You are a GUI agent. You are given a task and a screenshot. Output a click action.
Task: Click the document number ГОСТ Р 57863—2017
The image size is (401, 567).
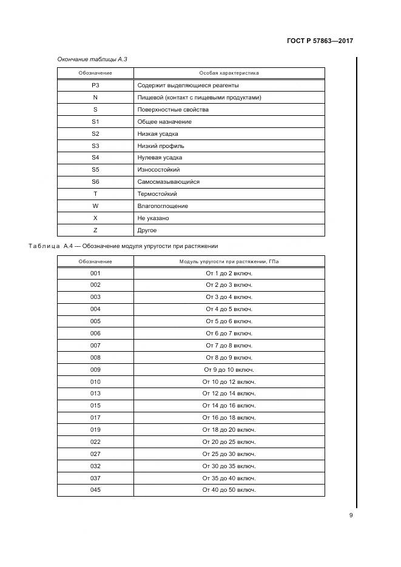[319, 41]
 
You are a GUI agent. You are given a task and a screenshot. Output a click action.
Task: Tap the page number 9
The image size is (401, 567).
[351, 515]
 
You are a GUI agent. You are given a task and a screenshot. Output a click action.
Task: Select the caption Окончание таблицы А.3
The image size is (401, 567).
[92, 59]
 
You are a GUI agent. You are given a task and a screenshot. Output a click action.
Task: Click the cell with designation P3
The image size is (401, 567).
[95, 86]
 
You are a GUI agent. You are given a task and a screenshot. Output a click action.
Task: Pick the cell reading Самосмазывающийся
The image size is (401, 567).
[169, 182]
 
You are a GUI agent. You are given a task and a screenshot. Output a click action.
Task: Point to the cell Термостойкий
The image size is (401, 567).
[157, 194]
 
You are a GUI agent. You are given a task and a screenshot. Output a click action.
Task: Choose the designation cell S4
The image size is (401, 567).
[95, 158]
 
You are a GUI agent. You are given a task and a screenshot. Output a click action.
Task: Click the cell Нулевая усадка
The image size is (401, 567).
[160, 158]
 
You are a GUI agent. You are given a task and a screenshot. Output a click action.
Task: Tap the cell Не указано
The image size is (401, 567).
[153, 218]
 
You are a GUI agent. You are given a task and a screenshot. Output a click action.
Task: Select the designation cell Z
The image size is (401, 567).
[95, 230]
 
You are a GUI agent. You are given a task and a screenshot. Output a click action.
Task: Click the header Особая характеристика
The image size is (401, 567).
[229, 73]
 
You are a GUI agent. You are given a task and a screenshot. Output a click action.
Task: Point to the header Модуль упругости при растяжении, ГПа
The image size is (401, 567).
[229, 261]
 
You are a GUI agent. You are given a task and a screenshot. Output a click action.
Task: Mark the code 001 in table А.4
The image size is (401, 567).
[95, 273]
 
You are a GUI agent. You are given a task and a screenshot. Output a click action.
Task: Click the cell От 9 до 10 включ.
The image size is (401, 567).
[229, 369]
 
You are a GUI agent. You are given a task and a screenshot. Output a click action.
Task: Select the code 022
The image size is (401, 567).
[95, 441]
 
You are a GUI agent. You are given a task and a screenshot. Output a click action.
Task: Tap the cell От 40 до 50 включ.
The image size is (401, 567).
[229, 489]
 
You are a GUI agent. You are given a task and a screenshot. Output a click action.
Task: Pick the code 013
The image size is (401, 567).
[95, 394]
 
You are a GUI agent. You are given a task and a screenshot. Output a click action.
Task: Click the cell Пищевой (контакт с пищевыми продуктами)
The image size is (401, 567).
[200, 98]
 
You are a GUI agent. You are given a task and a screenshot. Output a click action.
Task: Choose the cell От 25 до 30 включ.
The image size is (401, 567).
[229, 454]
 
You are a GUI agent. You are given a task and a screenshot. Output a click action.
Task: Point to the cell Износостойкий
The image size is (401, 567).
[158, 170]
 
